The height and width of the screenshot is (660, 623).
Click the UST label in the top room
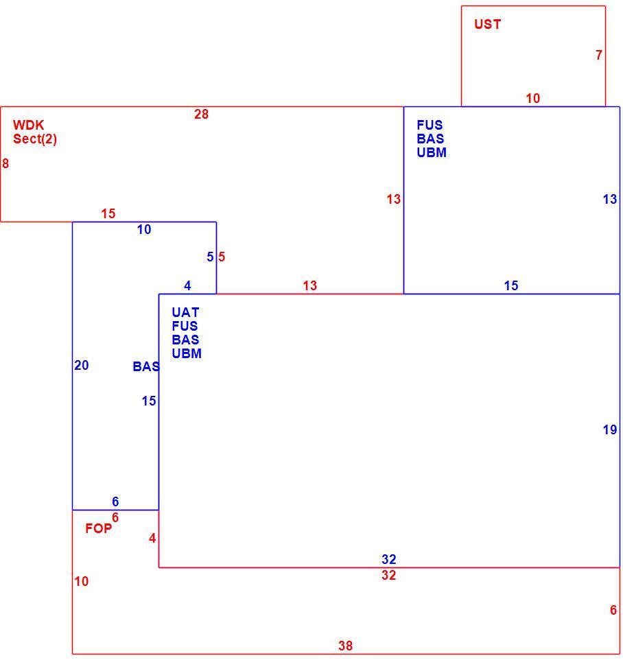[x=487, y=24]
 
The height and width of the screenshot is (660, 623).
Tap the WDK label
[x=29, y=125]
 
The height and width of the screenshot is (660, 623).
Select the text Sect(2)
[x=35, y=139]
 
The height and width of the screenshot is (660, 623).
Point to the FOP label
[x=99, y=528]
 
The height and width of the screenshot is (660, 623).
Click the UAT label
[x=185, y=312]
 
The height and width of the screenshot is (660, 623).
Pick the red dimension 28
[x=201, y=114]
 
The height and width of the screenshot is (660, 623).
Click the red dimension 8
[x=5, y=163]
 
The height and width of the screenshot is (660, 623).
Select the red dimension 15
[x=108, y=213]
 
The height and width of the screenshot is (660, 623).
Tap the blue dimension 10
[x=144, y=229]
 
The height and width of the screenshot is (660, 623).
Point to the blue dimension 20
[x=82, y=366]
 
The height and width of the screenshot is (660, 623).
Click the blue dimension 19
[x=610, y=429]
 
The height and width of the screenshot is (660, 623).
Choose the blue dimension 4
[x=188, y=286]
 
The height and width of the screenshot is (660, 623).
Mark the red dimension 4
[x=152, y=538]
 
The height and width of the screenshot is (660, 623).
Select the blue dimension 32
[x=389, y=559]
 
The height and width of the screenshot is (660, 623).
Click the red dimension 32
[x=389, y=575]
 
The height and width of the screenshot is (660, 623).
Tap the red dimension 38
[x=346, y=646]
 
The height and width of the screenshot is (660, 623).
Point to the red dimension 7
[x=599, y=55]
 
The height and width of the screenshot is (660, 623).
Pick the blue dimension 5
[x=210, y=257]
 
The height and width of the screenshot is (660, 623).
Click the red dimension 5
[x=222, y=257]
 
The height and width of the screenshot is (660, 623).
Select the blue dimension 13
[x=610, y=199]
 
